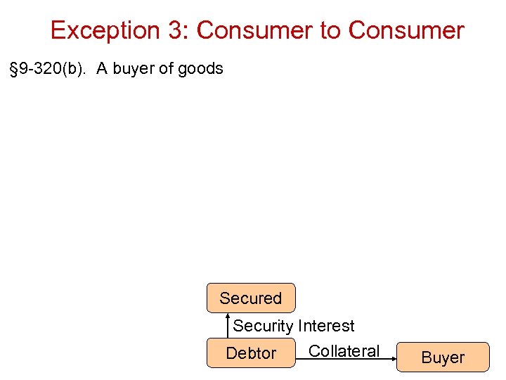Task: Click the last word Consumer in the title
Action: click(406, 30)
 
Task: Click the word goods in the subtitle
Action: click(200, 68)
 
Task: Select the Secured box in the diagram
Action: click(250, 298)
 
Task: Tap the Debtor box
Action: click(250, 353)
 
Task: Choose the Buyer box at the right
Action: click(442, 357)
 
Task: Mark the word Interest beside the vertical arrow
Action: click(326, 326)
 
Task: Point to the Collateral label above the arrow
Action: click(344, 350)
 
